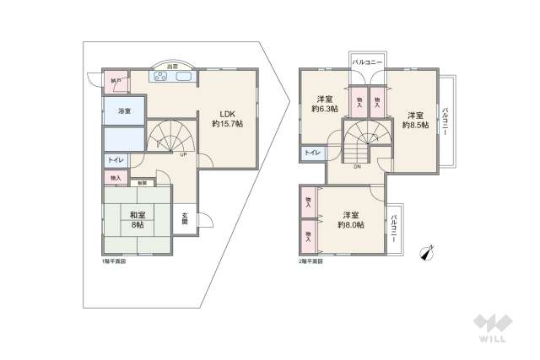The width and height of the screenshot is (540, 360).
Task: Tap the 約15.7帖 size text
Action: (227, 123)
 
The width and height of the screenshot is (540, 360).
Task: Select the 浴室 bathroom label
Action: (124, 110)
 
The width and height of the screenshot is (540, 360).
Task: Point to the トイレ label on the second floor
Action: (311, 153)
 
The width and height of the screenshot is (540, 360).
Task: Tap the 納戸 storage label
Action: (116, 81)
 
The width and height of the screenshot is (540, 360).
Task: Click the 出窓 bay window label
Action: (172, 66)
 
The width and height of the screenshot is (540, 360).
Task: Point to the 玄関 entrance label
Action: (185, 217)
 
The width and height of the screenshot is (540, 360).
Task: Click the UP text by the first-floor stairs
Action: (182, 154)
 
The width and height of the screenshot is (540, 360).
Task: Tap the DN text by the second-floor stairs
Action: (358, 166)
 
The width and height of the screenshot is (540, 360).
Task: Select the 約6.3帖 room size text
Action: (324, 109)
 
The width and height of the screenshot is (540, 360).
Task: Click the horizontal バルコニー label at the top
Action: (367, 62)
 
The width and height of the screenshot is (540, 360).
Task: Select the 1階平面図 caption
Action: (112, 261)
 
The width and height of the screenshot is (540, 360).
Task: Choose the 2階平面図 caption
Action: (310, 261)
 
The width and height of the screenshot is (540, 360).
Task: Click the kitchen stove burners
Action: (160, 76)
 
